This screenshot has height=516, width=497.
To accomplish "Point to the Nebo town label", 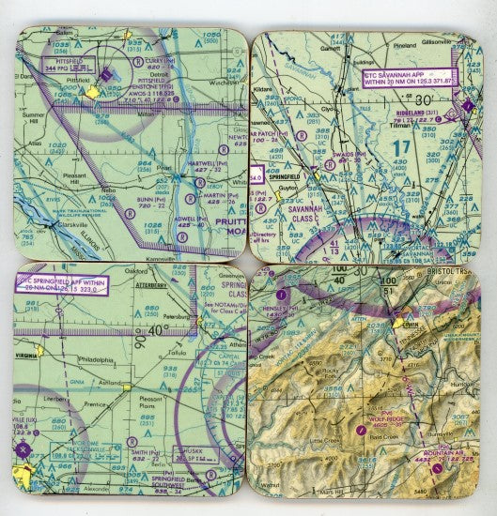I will [x=110, y=188].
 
